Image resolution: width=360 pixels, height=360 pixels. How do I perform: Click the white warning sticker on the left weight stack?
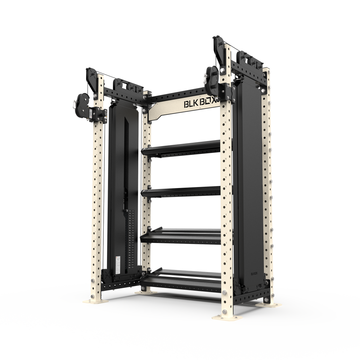[118, 263]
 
